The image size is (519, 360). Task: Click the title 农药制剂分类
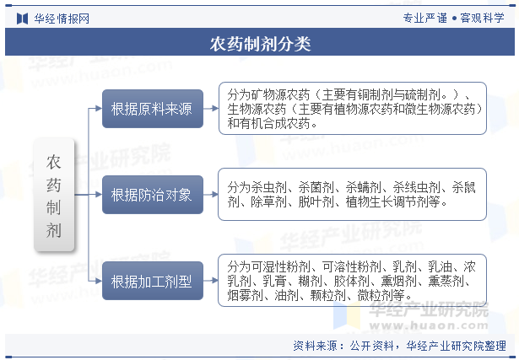(260, 44)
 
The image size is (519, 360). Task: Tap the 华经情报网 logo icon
(22, 19)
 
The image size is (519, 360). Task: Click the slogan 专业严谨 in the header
(425, 18)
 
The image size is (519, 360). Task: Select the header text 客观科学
(482, 18)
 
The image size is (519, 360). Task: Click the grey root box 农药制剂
(54, 195)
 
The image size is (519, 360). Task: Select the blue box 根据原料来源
(153, 109)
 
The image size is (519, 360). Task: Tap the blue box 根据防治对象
(153, 195)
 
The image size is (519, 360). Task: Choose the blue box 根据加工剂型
(153, 281)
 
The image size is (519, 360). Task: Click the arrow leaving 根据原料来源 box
(211, 109)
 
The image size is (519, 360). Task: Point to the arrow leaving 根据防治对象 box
(211, 195)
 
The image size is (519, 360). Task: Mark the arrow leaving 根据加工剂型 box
(211, 281)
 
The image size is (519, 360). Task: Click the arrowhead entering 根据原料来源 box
(99, 109)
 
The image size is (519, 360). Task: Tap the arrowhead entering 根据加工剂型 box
(99, 281)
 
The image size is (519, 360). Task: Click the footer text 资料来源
(315, 346)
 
